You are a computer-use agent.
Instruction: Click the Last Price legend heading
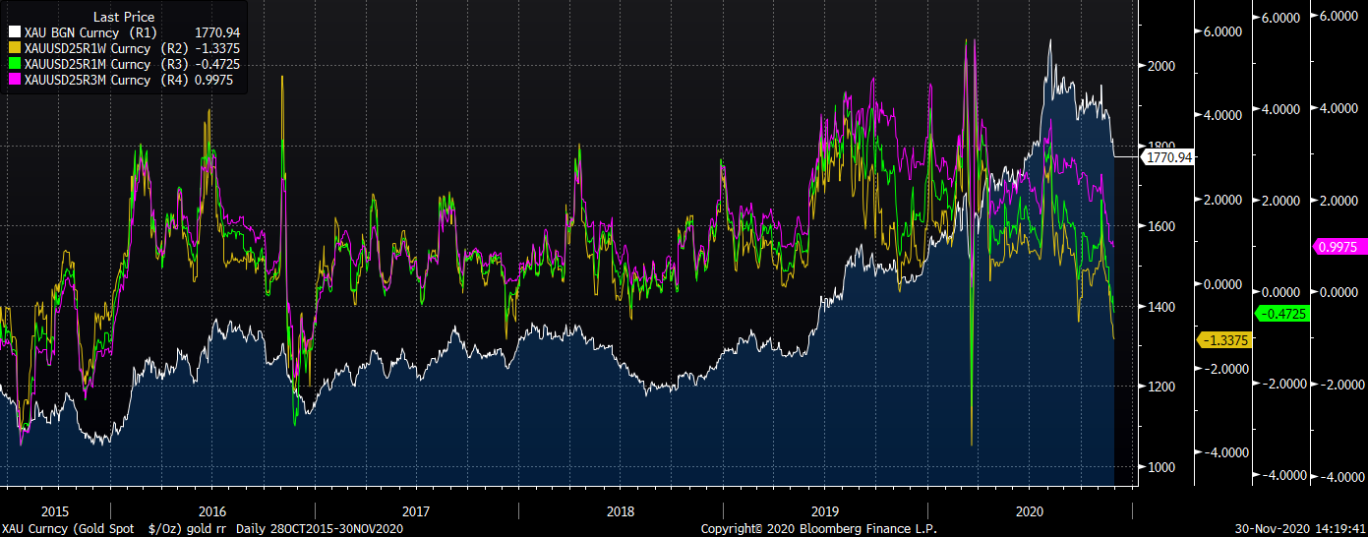(x=123, y=17)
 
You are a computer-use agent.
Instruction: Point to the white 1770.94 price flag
(x=1166, y=156)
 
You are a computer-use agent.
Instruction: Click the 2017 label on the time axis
(x=416, y=511)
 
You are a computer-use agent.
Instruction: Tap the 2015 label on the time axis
(x=54, y=511)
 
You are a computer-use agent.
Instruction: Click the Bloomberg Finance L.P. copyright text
(x=818, y=529)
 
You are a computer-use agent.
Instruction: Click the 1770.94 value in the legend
(x=218, y=32)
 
